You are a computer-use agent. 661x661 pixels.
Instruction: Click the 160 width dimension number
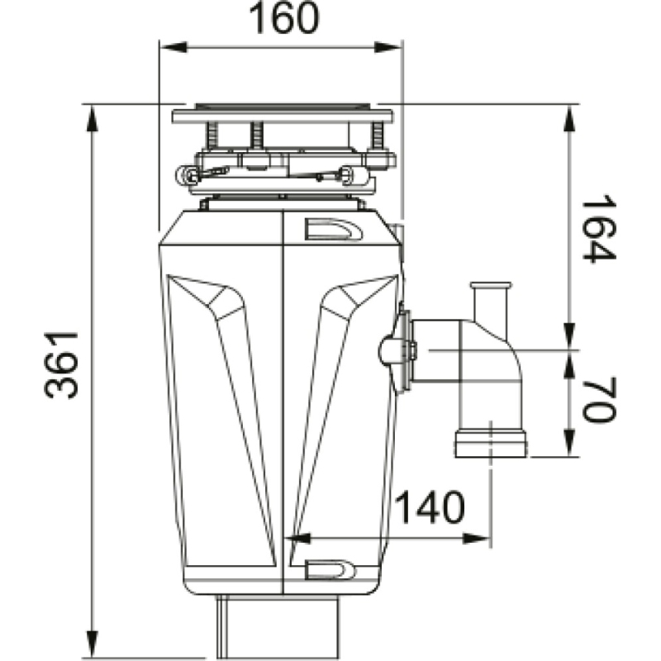[280, 20]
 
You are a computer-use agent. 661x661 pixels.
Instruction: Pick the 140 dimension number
[430, 510]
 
